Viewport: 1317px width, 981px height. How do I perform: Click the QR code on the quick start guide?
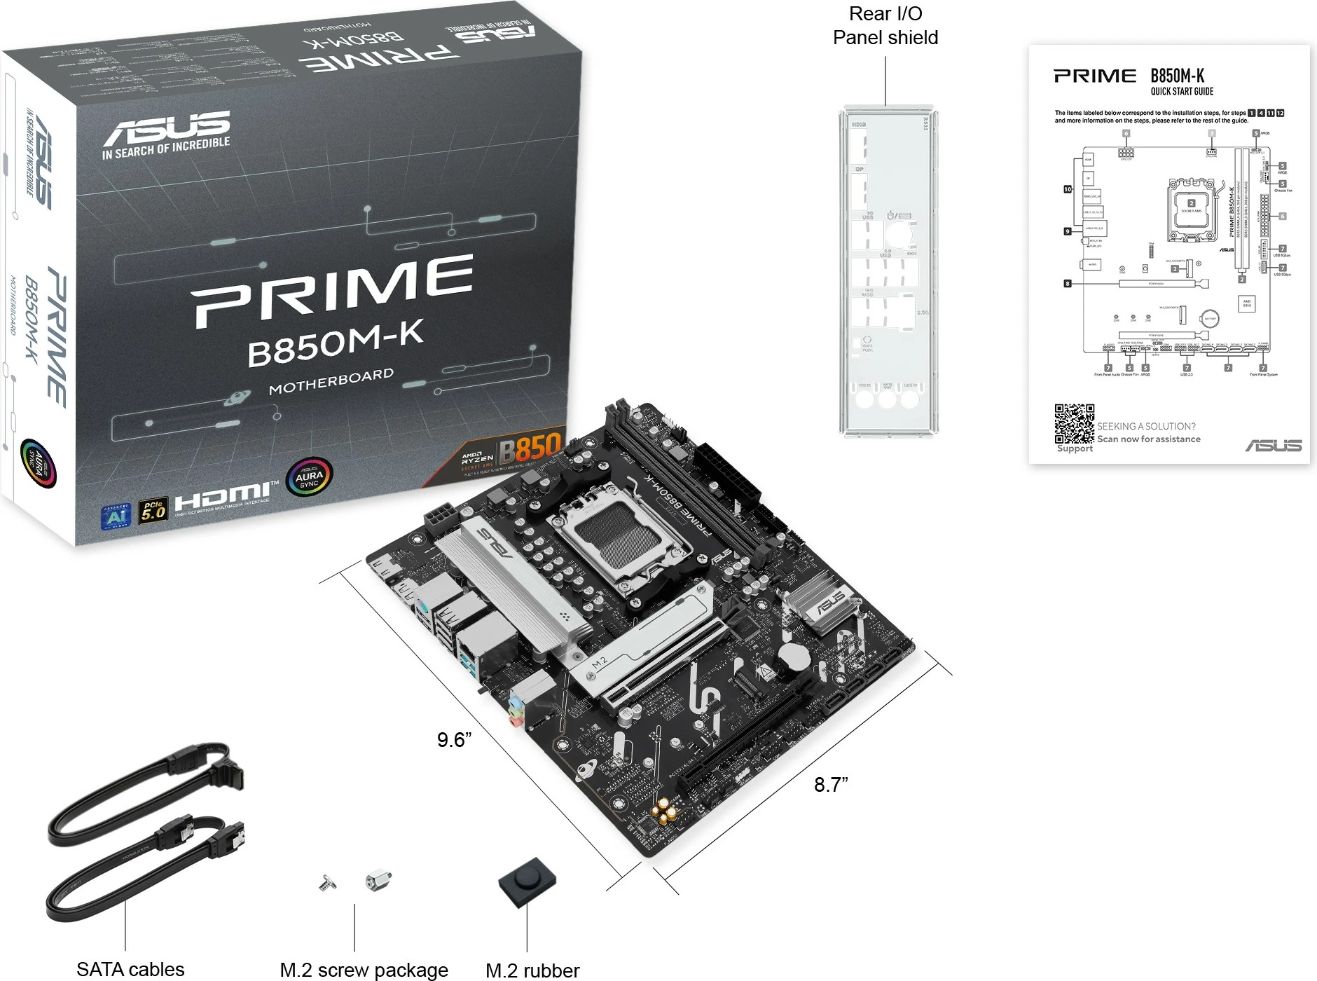click(1074, 423)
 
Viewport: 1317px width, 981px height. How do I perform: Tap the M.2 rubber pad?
click(528, 881)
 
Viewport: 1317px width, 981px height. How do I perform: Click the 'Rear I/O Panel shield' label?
click(885, 26)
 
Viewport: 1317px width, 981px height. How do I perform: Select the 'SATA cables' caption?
click(130, 969)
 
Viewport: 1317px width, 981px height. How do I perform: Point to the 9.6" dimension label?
click(454, 740)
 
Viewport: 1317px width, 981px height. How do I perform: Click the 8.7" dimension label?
click(831, 785)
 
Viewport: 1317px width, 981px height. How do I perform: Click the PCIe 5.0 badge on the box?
click(153, 511)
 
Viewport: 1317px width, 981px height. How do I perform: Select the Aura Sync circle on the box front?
click(309, 477)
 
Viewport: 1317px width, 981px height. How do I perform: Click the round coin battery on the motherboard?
click(794, 657)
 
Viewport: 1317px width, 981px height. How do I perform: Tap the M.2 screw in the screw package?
click(326, 884)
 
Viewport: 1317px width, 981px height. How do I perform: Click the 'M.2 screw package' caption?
click(364, 970)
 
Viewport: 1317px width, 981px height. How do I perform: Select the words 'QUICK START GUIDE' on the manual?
click(1182, 92)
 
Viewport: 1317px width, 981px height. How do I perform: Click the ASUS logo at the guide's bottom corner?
click(1273, 446)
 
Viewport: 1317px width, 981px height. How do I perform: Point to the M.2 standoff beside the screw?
click(378, 880)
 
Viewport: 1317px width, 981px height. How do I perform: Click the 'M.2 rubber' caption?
click(532, 970)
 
